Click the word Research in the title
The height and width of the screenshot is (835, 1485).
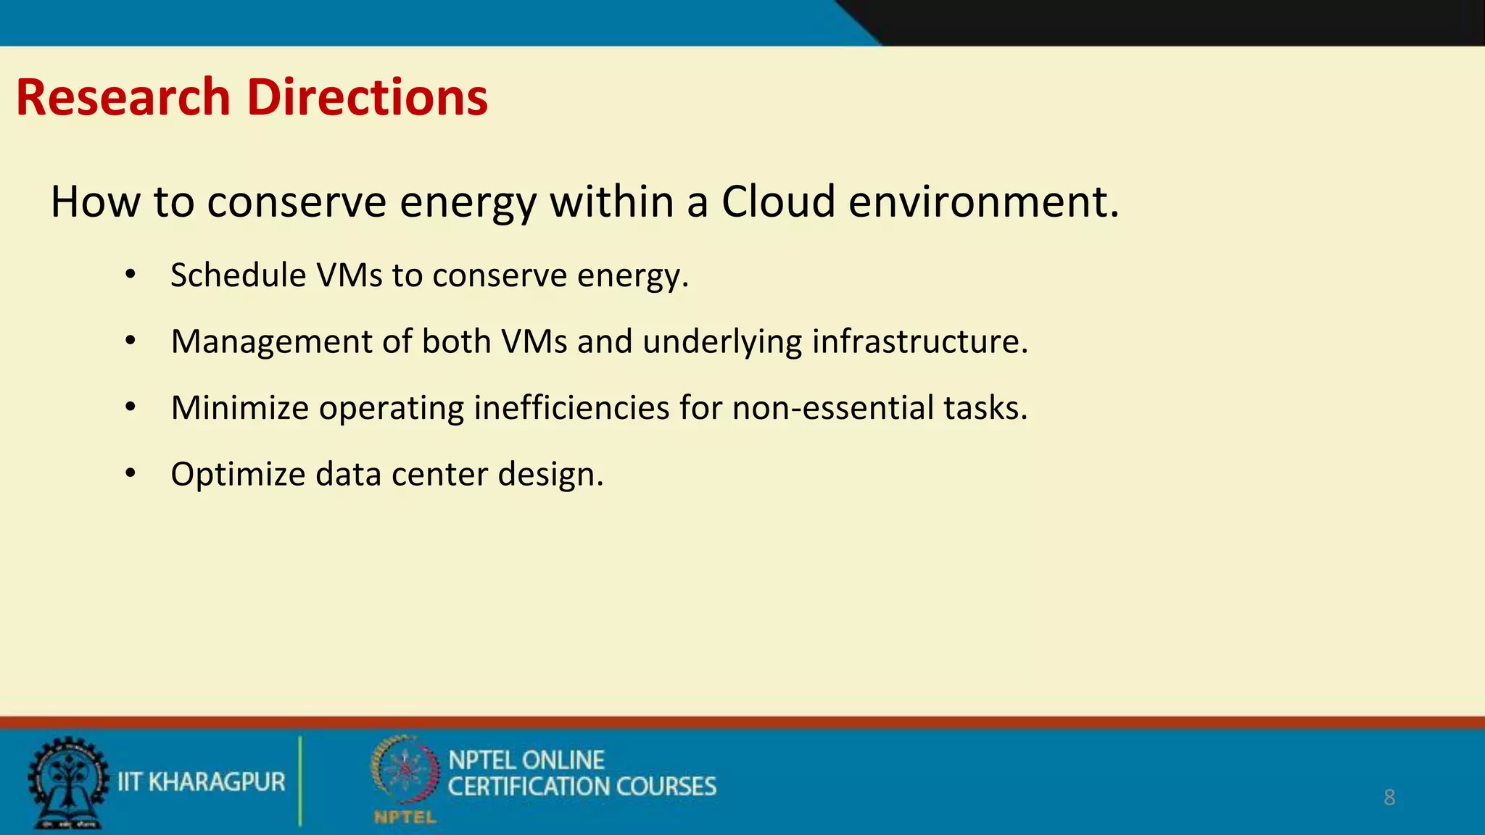[123, 98]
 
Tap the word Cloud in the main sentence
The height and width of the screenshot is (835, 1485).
[778, 202]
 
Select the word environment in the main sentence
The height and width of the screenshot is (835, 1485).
[983, 202]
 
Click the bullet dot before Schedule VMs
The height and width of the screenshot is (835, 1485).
[131, 275]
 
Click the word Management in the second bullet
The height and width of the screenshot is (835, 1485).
[271, 341]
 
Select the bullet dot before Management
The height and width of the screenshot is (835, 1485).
[131, 341]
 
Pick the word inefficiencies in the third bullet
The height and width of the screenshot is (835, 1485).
[571, 407]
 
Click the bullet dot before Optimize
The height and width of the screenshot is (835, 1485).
[131, 473]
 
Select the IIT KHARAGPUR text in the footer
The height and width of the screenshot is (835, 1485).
[202, 782]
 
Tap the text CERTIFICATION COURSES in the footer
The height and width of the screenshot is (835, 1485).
[582, 786]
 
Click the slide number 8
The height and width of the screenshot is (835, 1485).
[1389, 797]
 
